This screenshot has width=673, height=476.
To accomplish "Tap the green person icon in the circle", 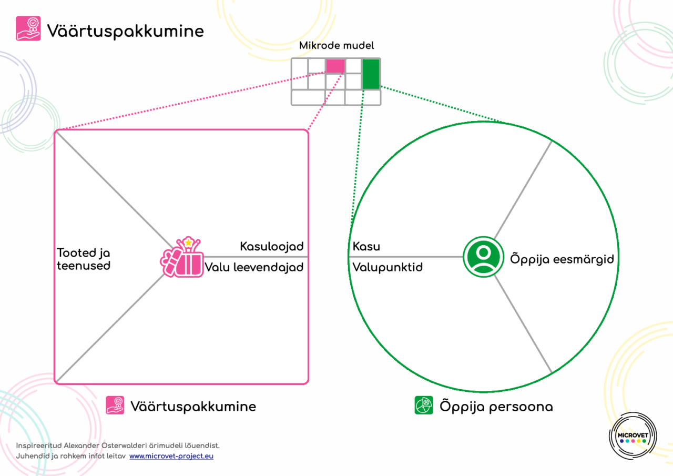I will tap(482, 257).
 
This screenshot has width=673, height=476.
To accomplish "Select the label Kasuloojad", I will tap(272, 246).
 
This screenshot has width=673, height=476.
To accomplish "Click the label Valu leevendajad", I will tap(254, 267).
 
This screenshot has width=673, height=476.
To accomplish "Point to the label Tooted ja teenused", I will tap(84, 259).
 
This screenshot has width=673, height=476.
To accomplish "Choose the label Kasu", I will tap(366, 246).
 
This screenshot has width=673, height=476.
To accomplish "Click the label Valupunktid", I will tap(388, 267).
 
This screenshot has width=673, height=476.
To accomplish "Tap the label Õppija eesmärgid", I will tap(562, 259).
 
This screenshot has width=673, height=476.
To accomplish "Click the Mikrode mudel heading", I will tap(336, 46).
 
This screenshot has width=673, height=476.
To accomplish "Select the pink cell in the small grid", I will tap(335, 66).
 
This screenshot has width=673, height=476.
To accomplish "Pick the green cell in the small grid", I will tap(371, 74).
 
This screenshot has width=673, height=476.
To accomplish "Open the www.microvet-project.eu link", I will tap(171, 456).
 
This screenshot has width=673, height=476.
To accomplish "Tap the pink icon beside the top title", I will tap(28, 28).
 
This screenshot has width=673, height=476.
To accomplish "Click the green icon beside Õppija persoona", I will tap(424, 406).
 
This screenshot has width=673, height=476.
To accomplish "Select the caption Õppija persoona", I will tap(496, 407).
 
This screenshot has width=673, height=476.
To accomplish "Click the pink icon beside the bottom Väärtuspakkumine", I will tap(115, 406).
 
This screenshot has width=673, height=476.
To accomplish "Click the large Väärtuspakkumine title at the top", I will tap(125, 31).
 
